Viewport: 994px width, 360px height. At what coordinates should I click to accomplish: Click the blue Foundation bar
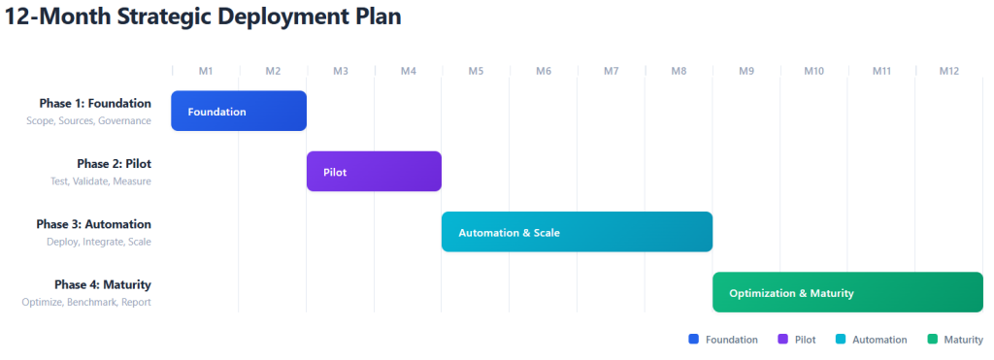(x=239, y=111)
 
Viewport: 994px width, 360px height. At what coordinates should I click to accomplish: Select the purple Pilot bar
(x=374, y=171)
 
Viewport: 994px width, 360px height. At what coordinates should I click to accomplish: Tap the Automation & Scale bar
(x=577, y=232)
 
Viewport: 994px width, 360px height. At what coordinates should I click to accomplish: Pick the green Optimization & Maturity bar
(x=847, y=292)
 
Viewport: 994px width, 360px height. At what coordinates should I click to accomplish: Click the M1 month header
(x=206, y=71)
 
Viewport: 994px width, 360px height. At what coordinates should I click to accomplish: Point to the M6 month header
(x=544, y=71)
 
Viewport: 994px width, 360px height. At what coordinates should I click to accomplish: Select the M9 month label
(x=746, y=71)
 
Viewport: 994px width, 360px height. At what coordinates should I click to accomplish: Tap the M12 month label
(x=949, y=71)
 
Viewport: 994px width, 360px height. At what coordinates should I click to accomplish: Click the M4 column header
(x=409, y=71)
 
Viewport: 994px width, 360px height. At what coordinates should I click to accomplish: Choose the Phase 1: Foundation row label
(x=95, y=103)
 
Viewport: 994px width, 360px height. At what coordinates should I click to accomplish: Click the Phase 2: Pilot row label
(x=115, y=164)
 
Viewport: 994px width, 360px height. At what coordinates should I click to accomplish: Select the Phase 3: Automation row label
(x=94, y=224)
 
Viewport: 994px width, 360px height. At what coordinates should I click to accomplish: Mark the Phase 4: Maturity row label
(x=103, y=284)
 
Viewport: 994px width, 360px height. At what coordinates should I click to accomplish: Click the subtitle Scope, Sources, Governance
(x=88, y=120)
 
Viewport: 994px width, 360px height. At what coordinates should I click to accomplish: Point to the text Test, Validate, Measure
(x=101, y=181)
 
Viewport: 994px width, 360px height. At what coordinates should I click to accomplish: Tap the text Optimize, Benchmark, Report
(x=86, y=303)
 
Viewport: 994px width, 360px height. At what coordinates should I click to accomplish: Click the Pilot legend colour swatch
(x=783, y=339)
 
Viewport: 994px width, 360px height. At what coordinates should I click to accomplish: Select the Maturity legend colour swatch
(x=932, y=339)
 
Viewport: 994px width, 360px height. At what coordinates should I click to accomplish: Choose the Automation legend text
(x=879, y=340)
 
